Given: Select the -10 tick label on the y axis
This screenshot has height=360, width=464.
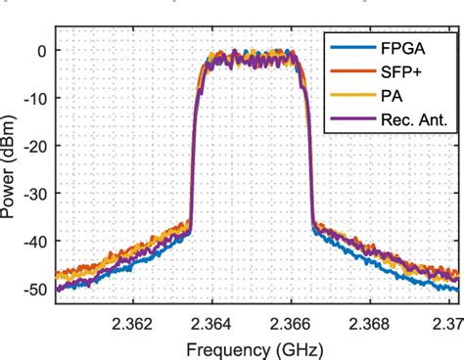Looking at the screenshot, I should (x=35, y=98).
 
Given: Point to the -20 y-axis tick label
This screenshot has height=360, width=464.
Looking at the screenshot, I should (x=35, y=145).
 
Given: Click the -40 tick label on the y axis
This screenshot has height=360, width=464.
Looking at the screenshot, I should (x=35, y=241).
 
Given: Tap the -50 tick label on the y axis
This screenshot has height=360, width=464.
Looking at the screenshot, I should (x=35, y=289).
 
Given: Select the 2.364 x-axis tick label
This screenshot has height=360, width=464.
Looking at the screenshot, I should (x=209, y=321).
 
